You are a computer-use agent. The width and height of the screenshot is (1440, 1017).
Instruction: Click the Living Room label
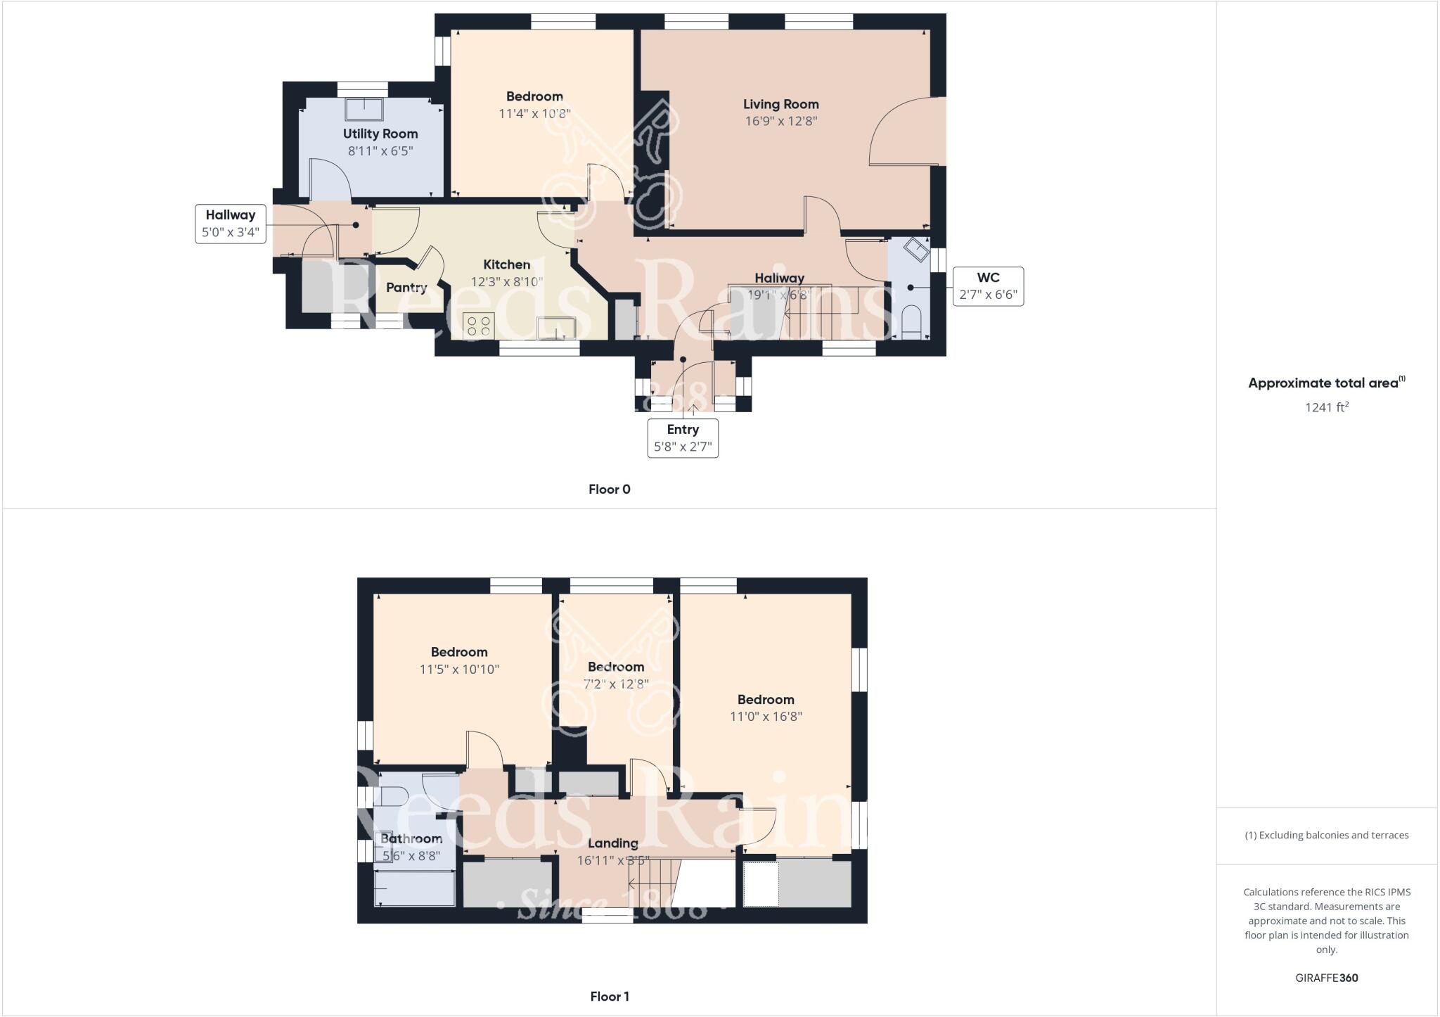pyautogui.click(x=780, y=104)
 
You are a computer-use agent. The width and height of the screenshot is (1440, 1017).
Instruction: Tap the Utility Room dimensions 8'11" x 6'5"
pyautogui.click(x=380, y=151)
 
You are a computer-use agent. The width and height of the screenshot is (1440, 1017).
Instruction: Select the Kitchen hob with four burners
pyautogui.click(x=479, y=326)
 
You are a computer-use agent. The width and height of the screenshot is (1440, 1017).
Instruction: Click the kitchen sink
pyautogui.click(x=555, y=328)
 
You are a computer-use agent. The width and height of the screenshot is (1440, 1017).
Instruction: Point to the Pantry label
pyautogui.click(x=406, y=287)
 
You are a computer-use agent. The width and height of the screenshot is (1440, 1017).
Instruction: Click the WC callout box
pyautogui.click(x=988, y=286)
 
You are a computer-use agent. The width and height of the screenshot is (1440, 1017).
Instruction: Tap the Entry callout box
pyautogui.click(x=683, y=437)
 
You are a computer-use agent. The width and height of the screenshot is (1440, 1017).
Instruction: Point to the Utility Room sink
pyautogui.click(x=364, y=110)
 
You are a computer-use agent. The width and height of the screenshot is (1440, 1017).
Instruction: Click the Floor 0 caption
pyautogui.click(x=609, y=490)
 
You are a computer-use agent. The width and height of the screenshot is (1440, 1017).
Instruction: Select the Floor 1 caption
pyautogui.click(x=609, y=996)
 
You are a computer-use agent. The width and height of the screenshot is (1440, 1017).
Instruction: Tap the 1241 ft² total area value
pyautogui.click(x=1326, y=407)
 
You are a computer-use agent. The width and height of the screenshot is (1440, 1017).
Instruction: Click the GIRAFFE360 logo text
pyautogui.click(x=1326, y=978)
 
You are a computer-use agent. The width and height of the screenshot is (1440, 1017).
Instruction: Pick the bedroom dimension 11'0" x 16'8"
pyautogui.click(x=766, y=717)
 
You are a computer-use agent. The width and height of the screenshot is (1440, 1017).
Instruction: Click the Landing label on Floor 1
pyautogui.click(x=612, y=843)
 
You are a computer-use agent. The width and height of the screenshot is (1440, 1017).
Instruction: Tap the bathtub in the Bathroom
pyautogui.click(x=415, y=888)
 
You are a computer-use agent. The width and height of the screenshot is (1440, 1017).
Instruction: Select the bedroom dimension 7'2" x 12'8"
pyautogui.click(x=616, y=684)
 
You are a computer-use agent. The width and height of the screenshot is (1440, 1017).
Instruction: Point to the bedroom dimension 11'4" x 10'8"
pyautogui.click(x=534, y=113)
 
